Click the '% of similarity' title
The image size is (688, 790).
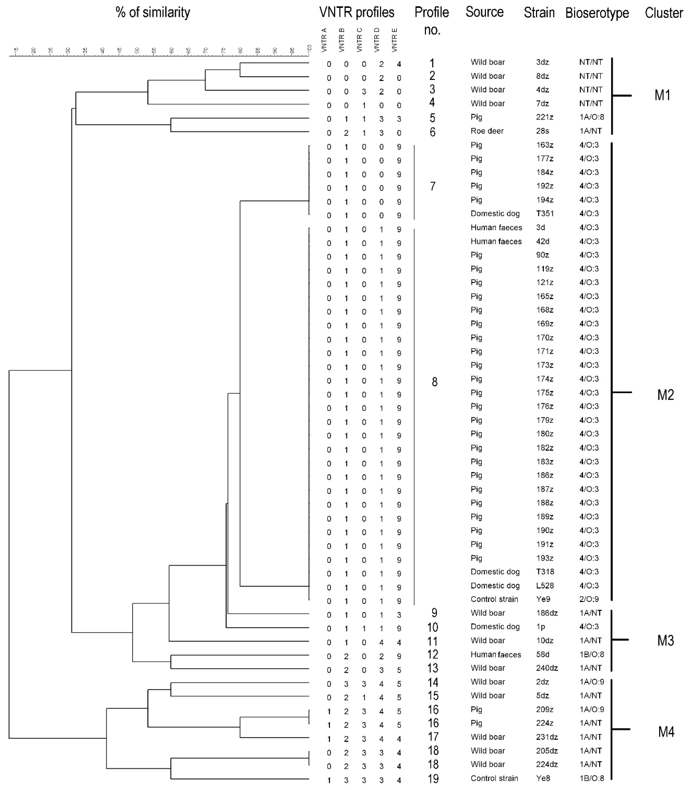tap(153, 13)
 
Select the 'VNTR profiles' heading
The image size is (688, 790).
tap(357, 13)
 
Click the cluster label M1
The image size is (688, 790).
tap(662, 95)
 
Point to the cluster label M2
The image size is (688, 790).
tap(665, 395)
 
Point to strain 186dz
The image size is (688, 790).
tap(547, 613)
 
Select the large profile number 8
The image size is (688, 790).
tap(434, 382)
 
